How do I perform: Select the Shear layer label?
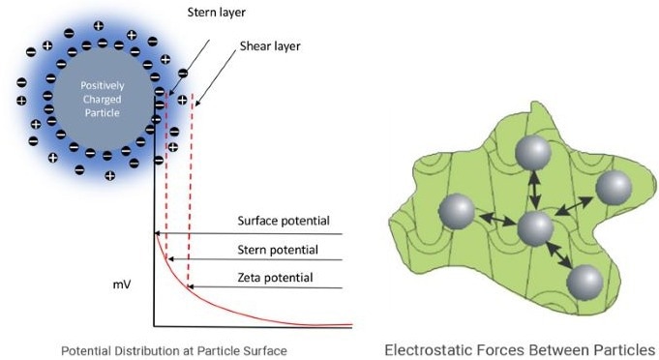point(269,45)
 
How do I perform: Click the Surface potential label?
point(284,221)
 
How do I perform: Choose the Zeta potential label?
point(276,278)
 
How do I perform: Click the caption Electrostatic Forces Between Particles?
point(519,348)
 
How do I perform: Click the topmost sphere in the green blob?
point(532,154)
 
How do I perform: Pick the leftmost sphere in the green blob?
point(457,212)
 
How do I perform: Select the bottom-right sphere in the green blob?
point(584,283)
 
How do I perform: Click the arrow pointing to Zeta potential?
point(266,288)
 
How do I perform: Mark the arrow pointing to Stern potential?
point(255,260)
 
